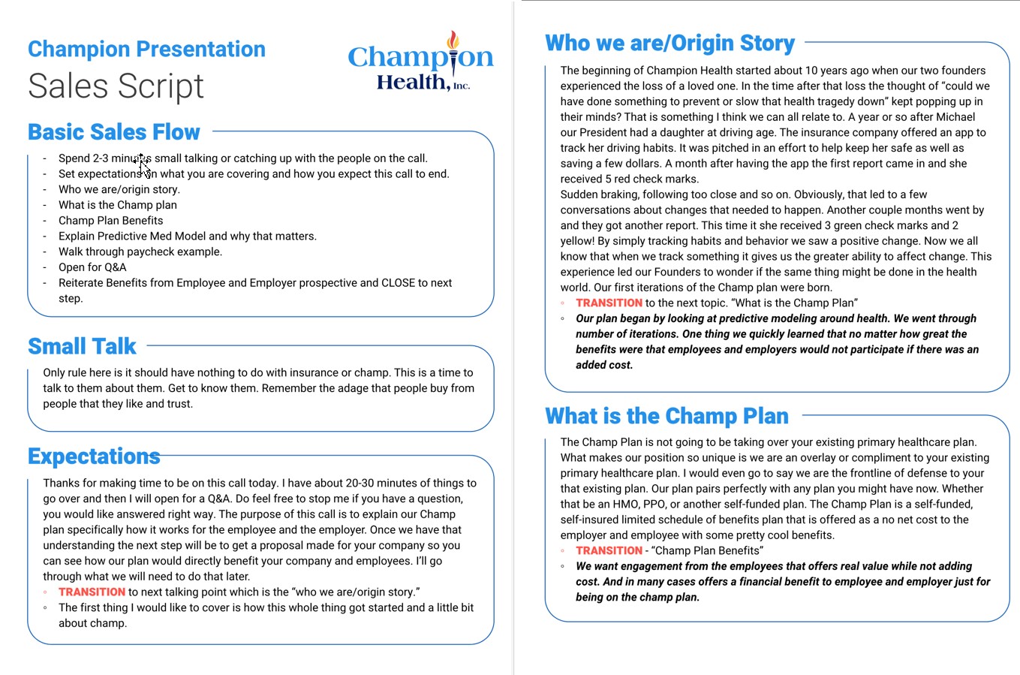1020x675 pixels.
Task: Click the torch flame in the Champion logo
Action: click(453, 40)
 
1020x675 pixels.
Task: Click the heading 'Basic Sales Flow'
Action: click(114, 132)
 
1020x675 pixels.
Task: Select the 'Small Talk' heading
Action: click(82, 346)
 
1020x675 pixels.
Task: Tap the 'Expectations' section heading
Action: click(94, 457)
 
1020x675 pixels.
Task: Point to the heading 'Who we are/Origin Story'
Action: click(669, 44)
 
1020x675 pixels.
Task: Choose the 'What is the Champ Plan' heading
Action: click(666, 416)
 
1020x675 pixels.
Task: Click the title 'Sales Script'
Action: click(116, 86)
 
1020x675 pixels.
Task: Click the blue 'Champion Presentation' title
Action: click(146, 50)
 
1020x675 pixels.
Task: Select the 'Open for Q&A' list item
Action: click(92, 267)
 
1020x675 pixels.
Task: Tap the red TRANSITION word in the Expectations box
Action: click(92, 592)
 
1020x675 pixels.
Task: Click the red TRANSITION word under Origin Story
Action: click(609, 303)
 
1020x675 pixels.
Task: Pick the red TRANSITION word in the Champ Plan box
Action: click(609, 551)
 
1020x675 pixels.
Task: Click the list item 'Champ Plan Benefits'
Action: click(110, 221)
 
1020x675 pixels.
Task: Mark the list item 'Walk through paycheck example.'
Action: click(140, 252)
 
